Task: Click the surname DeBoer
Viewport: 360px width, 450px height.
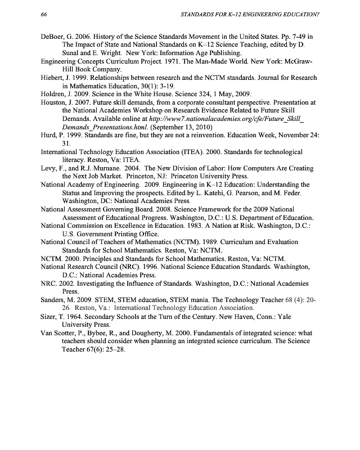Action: [54, 37]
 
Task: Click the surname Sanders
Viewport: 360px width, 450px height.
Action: [55, 300]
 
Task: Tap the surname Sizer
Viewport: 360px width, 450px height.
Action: [50, 317]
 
